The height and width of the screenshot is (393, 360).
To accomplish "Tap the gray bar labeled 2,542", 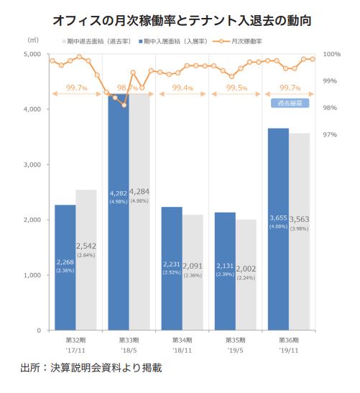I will point(86,287).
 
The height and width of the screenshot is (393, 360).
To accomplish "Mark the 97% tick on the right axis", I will point(331,135).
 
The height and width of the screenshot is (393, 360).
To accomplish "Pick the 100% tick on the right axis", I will point(331,54).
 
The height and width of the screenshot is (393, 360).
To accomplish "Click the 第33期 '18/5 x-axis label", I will point(129,344).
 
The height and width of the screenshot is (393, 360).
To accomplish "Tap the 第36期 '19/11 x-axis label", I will point(288,344).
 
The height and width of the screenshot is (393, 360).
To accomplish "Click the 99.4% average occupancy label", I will point(183,88).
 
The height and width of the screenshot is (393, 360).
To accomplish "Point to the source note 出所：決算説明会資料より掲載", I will point(91,369).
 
